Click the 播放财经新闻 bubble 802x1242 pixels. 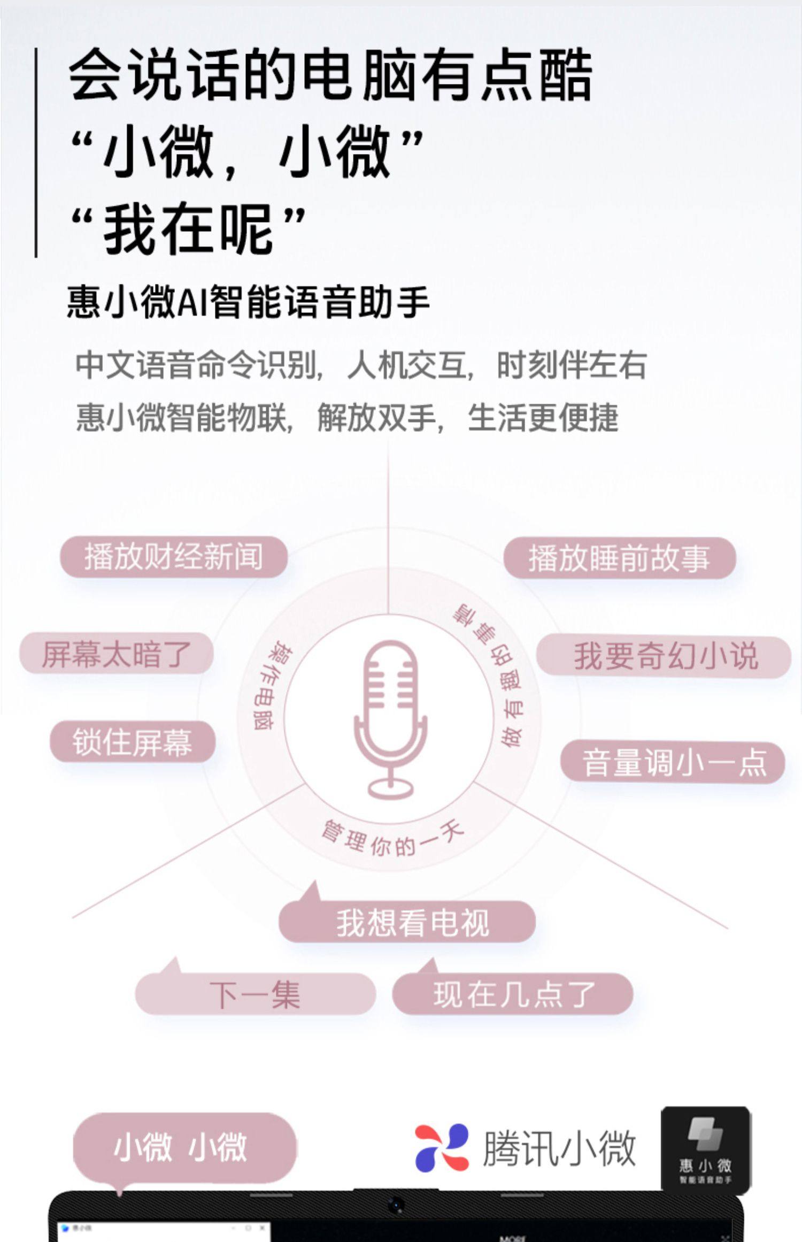174,557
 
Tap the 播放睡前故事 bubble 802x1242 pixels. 619,558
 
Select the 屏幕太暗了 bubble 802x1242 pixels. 117,654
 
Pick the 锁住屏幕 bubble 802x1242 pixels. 133,742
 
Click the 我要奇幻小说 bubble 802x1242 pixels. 664,656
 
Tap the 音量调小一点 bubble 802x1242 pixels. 673,763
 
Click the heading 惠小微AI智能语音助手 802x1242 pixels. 248,302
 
